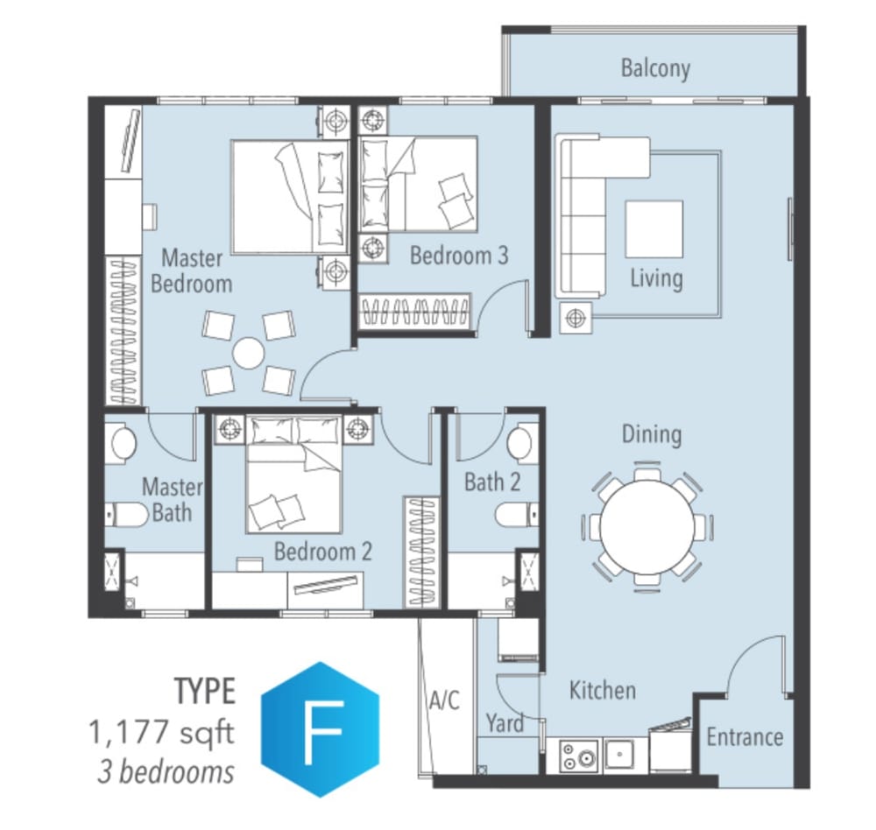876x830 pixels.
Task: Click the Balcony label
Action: tap(655, 68)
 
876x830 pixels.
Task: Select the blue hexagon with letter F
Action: tap(320, 729)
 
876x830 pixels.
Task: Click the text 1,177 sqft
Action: tap(161, 732)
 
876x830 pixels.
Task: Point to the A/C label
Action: tap(445, 700)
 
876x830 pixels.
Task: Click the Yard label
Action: tap(505, 723)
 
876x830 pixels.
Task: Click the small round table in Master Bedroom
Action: tap(248, 354)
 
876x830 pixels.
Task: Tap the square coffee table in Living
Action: tap(653, 229)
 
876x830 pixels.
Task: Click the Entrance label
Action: tap(745, 736)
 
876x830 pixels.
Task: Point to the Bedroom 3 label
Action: tap(459, 256)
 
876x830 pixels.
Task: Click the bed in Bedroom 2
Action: tap(293, 475)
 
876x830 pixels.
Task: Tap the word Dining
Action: tap(652, 435)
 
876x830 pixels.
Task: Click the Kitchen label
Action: tap(603, 691)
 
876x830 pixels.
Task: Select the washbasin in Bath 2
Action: tap(519, 439)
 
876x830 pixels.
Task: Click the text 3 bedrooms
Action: tap(166, 772)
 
